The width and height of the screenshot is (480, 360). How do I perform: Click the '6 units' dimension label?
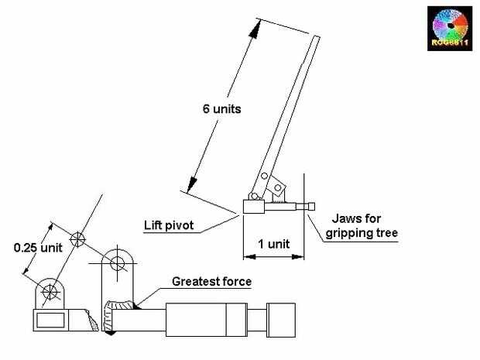[217, 108]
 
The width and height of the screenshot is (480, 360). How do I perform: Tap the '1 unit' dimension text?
[274, 243]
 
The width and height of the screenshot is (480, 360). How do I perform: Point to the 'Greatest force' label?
[211, 282]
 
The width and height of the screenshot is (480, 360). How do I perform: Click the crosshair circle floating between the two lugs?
[76, 239]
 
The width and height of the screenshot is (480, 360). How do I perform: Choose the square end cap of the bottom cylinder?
[285, 318]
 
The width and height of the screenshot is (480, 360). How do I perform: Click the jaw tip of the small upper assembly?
[313, 207]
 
